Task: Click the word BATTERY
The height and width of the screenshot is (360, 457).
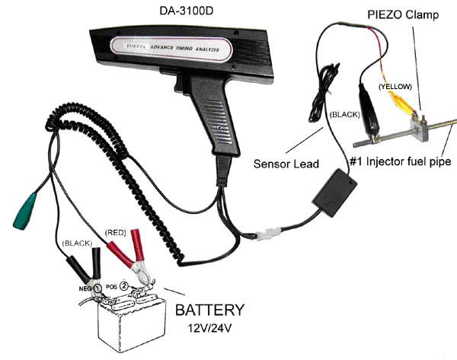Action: click(x=209, y=311)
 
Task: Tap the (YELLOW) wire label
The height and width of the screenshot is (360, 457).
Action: click(x=396, y=87)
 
